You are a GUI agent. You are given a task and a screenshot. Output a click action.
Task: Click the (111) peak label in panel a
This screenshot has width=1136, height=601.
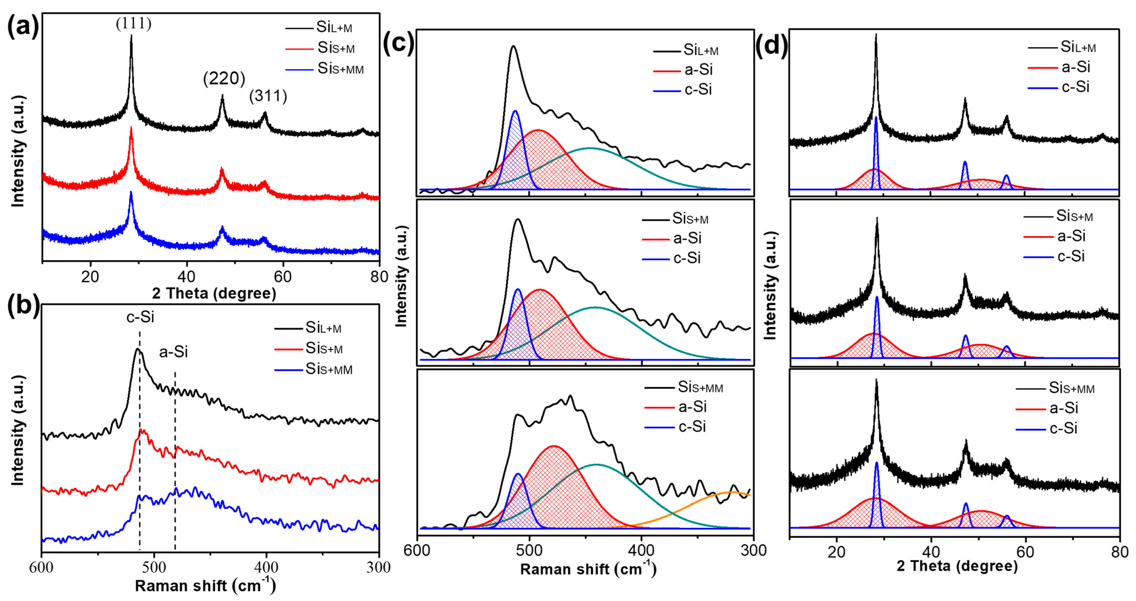click(x=134, y=23)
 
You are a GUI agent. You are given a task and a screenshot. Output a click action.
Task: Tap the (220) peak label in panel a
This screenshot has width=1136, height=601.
click(x=224, y=78)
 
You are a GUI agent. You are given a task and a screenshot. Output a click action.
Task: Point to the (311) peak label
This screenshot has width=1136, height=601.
click(x=268, y=96)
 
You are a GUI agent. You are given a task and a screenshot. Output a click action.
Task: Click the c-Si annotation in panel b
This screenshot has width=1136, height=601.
click(x=140, y=317)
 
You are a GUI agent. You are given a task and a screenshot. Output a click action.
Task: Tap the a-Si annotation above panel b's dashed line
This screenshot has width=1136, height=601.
click(x=173, y=352)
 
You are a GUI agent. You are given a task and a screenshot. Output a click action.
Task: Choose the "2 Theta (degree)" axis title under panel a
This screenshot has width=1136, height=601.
click(x=214, y=293)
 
